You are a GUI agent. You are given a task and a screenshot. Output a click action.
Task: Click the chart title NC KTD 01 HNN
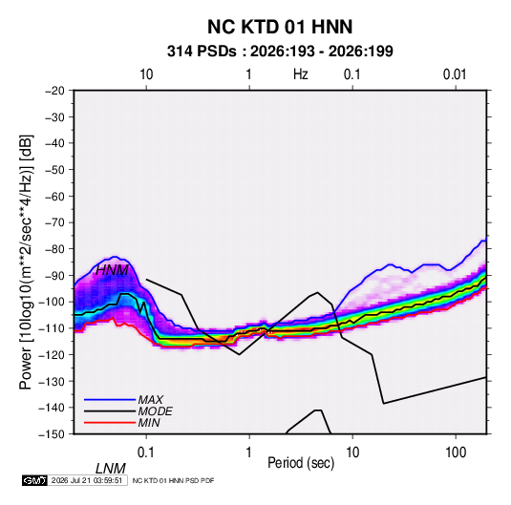[280, 27]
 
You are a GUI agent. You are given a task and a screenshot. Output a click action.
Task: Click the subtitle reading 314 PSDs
[202, 52]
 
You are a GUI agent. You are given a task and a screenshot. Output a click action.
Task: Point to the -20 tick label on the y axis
[54, 91]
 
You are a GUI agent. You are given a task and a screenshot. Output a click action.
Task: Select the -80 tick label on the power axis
[54, 249]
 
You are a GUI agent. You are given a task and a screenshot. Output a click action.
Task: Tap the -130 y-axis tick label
[52, 381]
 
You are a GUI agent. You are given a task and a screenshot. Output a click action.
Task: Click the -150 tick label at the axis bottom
[52, 434]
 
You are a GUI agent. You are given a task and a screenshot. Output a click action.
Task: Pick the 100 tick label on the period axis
[456, 452]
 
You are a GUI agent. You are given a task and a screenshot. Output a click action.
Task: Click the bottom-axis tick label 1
[249, 452]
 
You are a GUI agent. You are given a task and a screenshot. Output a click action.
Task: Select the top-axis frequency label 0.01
[455, 74]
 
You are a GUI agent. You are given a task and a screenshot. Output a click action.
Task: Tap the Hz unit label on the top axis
[301, 74]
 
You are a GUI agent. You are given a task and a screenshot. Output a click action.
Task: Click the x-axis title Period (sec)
[301, 463]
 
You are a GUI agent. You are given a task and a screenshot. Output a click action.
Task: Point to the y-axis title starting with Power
[26, 263]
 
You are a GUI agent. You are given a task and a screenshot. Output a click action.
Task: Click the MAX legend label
[151, 400]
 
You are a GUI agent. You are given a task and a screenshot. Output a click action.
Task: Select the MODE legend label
[155, 411]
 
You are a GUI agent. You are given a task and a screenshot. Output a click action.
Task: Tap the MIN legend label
[149, 423]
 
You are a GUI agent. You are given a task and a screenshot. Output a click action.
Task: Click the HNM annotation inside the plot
[112, 270]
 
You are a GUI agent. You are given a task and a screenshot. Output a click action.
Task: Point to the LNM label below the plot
[110, 469]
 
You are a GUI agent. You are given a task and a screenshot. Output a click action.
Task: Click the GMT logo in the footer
[35, 480]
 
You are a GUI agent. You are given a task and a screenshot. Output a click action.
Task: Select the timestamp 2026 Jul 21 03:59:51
[87, 480]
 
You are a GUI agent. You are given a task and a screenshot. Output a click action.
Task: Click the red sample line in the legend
[110, 423]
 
